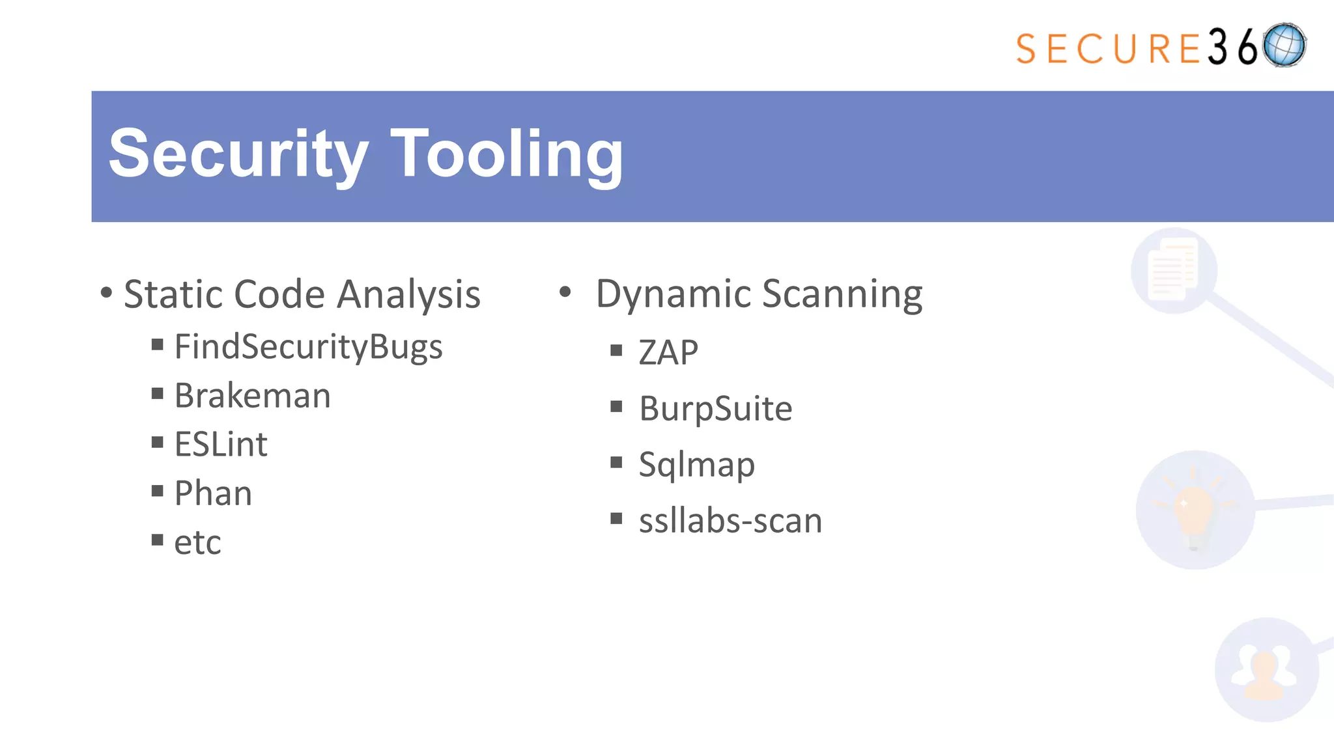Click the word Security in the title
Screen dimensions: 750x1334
[238, 154]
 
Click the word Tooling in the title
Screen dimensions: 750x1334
[507, 154]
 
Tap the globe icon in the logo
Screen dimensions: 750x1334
[1284, 46]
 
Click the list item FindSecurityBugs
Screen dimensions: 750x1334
[308, 347]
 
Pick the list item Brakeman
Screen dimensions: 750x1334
[253, 396]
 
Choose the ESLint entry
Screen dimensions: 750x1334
[221, 445]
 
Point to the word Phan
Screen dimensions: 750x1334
[213, 493]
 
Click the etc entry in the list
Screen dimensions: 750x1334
[197, 542]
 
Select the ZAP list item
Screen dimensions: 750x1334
[668, 352]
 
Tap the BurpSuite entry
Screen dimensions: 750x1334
[715, 409]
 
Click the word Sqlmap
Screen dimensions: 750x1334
[696, 465]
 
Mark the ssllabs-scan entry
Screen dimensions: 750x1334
[730, 521]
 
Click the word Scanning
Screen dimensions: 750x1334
[842, 294]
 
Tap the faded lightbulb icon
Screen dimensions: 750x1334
[1194, 510]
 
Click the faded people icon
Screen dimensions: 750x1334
[1265, 671]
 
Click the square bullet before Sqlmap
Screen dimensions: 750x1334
[616, 462]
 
